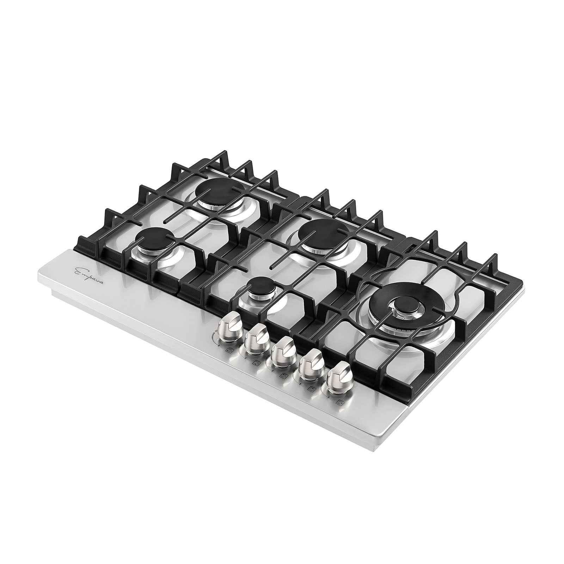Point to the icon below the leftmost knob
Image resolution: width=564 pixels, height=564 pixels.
[x=231, y=351]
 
